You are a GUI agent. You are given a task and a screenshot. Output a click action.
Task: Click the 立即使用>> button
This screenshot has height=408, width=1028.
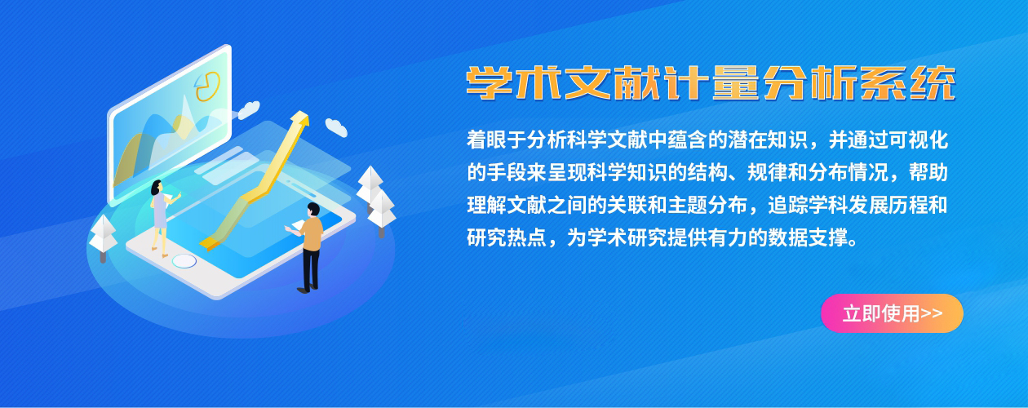tap(892, 313)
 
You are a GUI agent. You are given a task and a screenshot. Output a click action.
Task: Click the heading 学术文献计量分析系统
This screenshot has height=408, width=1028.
tap(711, 83)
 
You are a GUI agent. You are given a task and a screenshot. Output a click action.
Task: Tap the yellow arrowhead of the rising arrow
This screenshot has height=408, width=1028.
tap(299, 118)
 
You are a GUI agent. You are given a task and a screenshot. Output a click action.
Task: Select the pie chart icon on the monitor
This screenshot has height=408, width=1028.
tap(207, 86)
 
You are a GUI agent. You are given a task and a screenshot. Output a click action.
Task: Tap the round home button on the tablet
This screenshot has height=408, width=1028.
tap(184, 261)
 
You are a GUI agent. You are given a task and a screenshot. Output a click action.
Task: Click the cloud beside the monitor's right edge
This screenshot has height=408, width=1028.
tap(248, 109)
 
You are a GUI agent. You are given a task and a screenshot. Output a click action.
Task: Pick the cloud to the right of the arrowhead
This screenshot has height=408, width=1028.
tap(336, 127)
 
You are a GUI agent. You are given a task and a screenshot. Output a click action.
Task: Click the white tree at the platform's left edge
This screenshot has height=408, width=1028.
tap(103, 237)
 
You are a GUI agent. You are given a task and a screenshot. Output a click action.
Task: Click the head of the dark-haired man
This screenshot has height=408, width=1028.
tap(313, 210)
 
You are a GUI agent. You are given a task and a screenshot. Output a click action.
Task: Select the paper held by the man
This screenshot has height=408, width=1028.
tap(295, 226)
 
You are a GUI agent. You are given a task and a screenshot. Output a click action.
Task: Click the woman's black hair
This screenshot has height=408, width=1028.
tap(157, 187)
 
